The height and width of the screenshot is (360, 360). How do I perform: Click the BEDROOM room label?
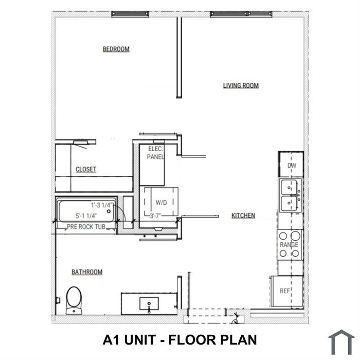(116, 49)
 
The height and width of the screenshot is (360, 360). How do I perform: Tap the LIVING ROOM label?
(241, 85)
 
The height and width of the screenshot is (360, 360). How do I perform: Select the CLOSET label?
(86, 169)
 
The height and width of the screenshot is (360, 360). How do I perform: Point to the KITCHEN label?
(243, 215)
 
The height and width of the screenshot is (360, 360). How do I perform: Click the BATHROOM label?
(87, 272)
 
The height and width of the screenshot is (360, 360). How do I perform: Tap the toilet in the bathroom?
(74, 300)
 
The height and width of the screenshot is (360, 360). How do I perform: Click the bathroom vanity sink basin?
(149, 304)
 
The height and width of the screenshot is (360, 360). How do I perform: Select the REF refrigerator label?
(285, 291)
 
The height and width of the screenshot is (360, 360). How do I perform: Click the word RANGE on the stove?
(289, 245)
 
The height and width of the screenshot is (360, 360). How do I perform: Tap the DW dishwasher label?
(292, 165)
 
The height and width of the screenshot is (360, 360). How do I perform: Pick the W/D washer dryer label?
(161, 203)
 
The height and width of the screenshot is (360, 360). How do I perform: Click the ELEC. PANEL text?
(155, 153)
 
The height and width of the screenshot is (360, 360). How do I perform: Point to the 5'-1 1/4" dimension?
(86, 216)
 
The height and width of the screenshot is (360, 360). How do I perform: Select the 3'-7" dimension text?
(155, 216)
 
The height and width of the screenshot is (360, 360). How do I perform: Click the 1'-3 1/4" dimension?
(102, 205)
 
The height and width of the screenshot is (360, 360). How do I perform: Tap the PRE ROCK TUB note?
(86, 227)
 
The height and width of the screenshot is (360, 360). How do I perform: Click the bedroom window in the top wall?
(130, 14)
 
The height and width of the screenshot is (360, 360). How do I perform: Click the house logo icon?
(341, 342)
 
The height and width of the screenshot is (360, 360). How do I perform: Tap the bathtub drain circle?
(109, 211)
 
